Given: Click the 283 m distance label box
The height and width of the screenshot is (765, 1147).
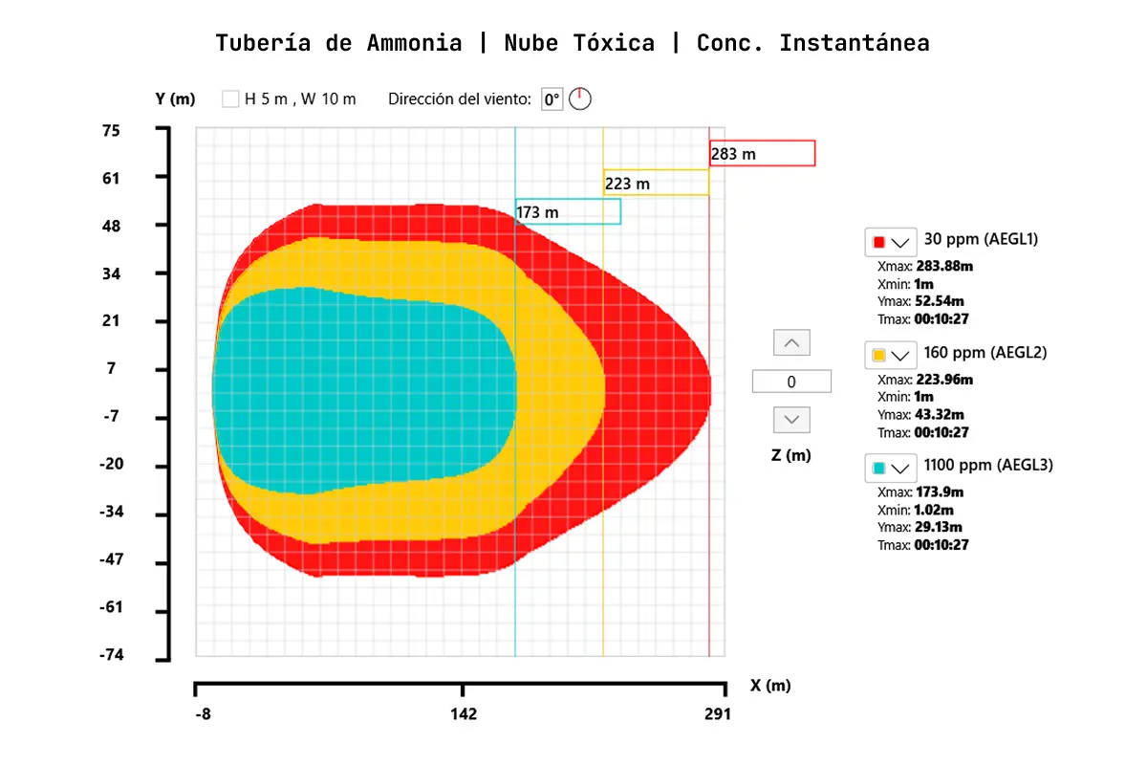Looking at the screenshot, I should click(762, 153).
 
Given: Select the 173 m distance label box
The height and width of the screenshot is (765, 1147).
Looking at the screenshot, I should click(568, 211).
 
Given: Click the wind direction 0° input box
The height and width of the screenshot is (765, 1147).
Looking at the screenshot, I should click(552, 98).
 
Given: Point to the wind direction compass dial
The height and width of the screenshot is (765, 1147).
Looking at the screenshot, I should click(580, 98).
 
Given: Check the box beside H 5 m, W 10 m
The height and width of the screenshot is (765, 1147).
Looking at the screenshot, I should click(230, 98).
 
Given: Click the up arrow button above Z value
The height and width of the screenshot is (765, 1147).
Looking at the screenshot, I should click(790, 342).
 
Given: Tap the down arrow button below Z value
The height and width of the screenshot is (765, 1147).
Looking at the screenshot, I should click(790, 420).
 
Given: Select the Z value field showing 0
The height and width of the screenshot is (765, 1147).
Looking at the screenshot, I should click(791, 382).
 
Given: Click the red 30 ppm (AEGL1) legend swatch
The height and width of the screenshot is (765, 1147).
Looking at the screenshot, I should click(879, 241).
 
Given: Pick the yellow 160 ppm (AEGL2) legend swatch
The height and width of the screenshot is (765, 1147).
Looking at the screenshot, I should click(879, 355).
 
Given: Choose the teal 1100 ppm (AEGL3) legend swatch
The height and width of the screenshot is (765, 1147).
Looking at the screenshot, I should click(879, 468).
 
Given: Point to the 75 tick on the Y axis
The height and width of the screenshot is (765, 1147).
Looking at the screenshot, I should click(112, 130).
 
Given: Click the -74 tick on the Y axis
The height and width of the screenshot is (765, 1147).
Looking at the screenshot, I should click(112, 655).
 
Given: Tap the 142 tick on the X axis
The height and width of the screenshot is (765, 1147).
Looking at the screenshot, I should click(464, 714).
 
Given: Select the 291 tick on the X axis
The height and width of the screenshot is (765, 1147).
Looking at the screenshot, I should click(717, 714).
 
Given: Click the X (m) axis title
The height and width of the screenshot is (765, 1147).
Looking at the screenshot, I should click(770, 685).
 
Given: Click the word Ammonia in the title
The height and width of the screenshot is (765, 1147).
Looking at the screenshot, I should click(414, 43).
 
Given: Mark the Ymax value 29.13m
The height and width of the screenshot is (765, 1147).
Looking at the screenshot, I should click(939, 527).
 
